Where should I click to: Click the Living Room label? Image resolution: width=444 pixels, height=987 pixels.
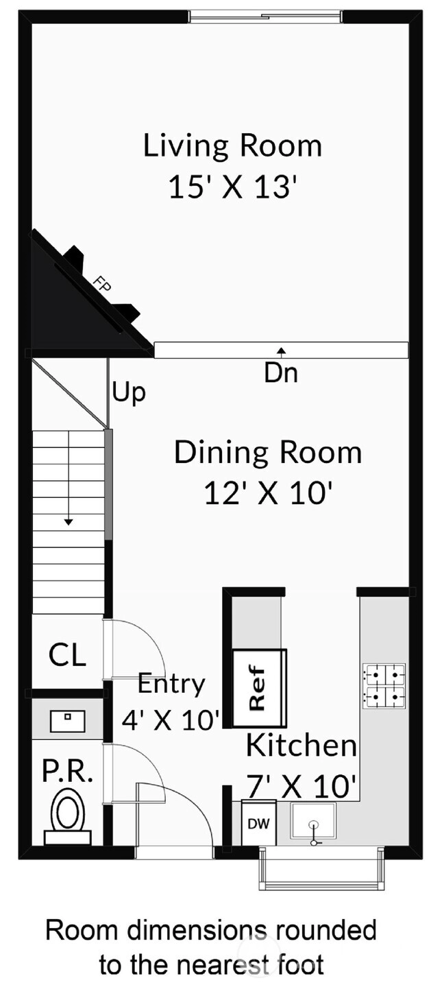(232, 146)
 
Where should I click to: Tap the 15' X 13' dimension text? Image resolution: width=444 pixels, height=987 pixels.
(231, 187)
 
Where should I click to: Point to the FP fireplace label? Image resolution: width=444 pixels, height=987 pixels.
(104, 284)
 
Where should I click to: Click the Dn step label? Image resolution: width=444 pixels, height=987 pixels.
(281, 372)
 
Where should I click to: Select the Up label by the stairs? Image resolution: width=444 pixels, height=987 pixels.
(129, 392)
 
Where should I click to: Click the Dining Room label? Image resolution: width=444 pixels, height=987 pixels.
(268, 452)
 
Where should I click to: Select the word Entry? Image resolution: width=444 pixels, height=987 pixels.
(171, 683)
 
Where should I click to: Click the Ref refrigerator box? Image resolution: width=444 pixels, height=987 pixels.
(260, 688)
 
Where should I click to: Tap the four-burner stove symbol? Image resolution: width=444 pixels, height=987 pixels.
(384, 686)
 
